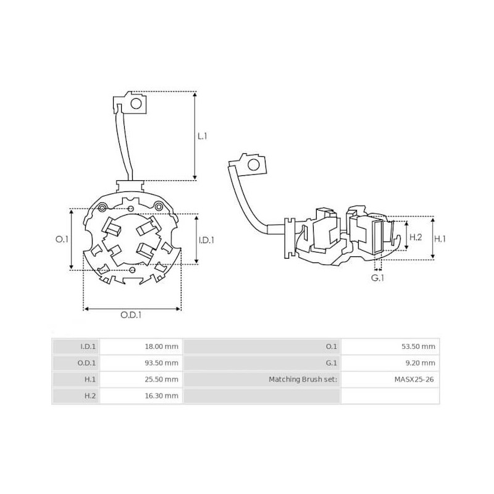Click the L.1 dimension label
click(x=203, y=135)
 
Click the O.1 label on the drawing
click(x=62, y=240)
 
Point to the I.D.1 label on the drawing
click(x=206, y=240)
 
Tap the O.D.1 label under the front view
click(x=131, y=315)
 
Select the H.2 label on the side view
click(x=416, y=238)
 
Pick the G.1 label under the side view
click(x=378, y=278)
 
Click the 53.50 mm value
click(x=419, y=346)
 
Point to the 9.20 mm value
click(x=421, y=363)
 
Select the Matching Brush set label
click(x=303, y=379)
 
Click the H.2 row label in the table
click(x=88, y=396)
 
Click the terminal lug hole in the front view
click(x=137, y=103)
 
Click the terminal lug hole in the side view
click(x=251, y=164)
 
